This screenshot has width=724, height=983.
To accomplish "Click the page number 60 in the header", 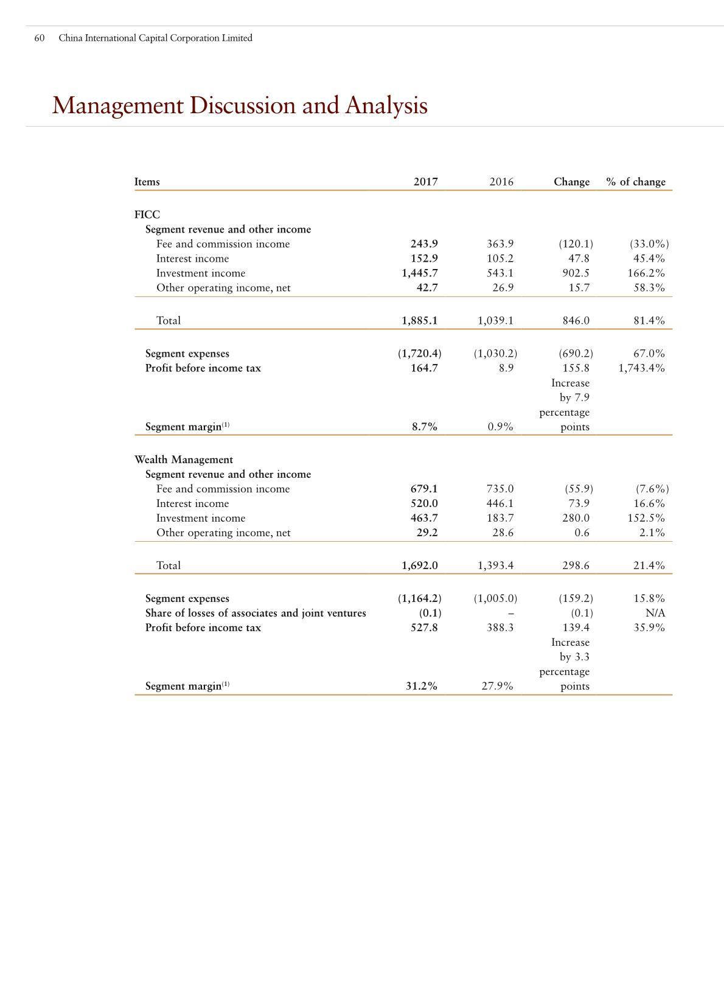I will pos(40,38).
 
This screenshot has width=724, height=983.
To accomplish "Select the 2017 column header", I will pos(425,181).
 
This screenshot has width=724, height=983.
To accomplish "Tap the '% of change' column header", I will pos(636,181).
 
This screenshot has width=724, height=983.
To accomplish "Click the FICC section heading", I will pos(147,214).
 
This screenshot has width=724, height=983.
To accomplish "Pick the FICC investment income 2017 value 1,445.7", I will pos(419,273).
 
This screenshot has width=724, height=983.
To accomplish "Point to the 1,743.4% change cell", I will pos(641,368).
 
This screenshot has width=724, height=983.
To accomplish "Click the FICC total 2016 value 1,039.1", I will pos(495,320).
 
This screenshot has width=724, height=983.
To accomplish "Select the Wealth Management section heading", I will pos(184,460).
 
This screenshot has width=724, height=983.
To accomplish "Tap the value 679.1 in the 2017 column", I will pos(424,489).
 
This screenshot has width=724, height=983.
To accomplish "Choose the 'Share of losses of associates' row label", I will pos(256,613).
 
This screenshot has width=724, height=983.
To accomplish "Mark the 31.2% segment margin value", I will pos(422,686).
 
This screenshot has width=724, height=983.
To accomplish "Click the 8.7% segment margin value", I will pos(425,427).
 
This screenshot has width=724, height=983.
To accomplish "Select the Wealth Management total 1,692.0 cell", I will pos(419,565).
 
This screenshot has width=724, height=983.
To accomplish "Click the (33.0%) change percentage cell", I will pos(649,243).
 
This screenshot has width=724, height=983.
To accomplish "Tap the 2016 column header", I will pos(501,181).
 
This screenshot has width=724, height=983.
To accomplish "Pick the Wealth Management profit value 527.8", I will pos(424,628).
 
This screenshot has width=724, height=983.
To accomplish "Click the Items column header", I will pos(147,181).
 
